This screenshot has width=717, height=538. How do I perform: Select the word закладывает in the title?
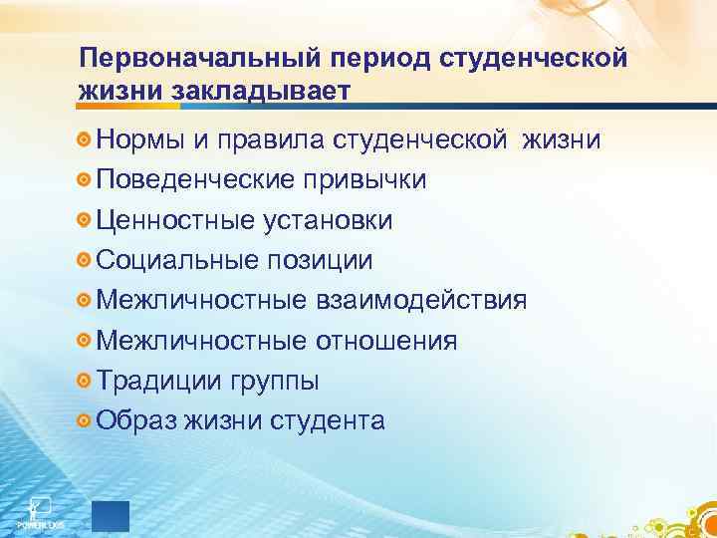260,92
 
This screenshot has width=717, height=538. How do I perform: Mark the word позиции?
323,261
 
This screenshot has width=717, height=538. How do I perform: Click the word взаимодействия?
421,300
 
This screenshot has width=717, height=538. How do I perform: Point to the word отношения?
386,341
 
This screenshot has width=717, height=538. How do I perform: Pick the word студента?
328,421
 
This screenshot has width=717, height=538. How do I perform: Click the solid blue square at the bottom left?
111,515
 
